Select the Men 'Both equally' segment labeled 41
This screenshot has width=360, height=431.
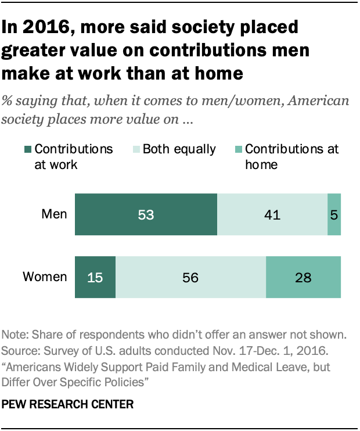click(x=272, y=215)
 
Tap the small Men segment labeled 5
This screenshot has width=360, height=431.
click(x=334, y=215)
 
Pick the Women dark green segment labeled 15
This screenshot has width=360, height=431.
click(x=95, y=277)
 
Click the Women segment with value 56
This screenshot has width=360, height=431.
click(x=190, y=277)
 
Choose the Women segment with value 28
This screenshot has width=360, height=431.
click(x=303, y=277)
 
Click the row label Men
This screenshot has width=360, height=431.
click(x=55, y=214)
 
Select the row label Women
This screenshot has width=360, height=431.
click(x=45, y=276)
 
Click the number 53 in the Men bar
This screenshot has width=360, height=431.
click(x=145, y=215)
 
